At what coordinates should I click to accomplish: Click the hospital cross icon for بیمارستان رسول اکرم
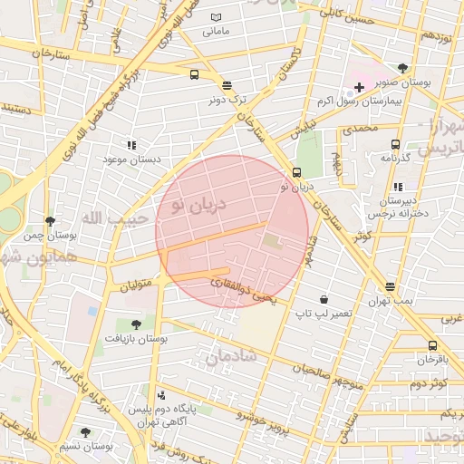click(359, 88)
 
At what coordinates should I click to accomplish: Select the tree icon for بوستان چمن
click(50, 221)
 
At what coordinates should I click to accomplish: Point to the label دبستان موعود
click(131, 159)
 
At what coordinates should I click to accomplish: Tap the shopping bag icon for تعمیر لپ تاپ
click(324, 299)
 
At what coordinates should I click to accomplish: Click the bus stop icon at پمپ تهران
click(391, 286)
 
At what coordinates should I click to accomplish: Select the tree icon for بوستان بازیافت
click(136, 324)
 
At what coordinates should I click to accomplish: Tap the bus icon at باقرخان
click(432, 345)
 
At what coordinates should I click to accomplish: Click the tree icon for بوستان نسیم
click(86, 432)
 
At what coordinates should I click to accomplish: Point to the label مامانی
click(216, 31)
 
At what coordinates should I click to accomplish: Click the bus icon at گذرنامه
click(395, 144)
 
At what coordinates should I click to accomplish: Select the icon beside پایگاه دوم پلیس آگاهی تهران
click(161, 394)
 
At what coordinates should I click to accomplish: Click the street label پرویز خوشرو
click(262, 418)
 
